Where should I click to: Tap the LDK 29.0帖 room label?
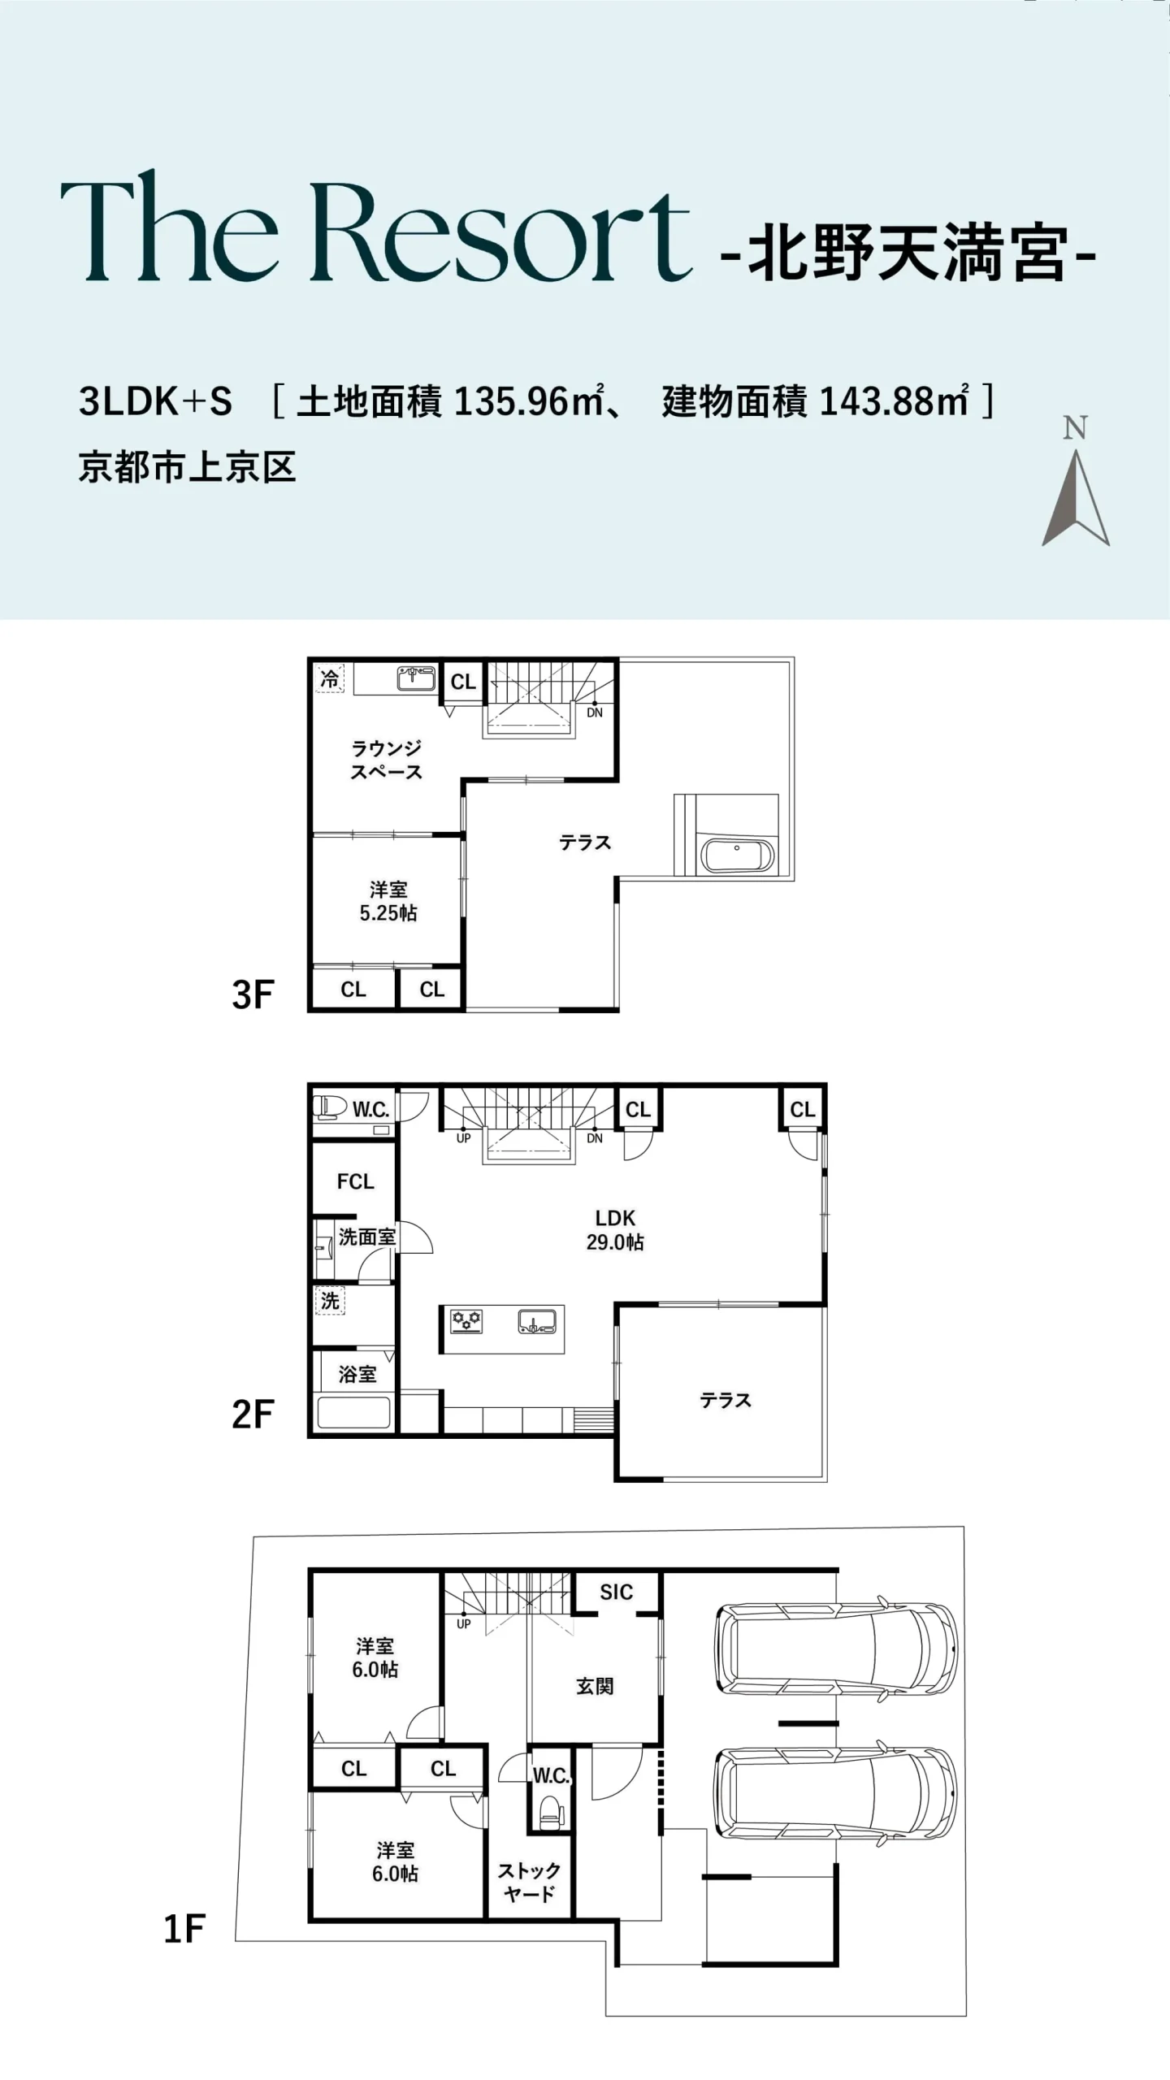point(615,1229)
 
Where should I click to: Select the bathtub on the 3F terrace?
point(737,856)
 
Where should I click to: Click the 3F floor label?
point(253,994)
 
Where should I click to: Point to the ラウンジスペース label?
point(386,760)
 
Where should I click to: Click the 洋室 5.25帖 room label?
point(388,901)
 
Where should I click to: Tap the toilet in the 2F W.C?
point(330,1105)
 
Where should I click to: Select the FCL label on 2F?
point(355,1181)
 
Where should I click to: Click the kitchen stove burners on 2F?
point(466,1320)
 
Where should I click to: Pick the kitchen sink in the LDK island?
point(537,1321)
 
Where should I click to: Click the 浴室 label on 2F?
point(357,1374)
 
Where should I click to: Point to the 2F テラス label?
point(726,1400)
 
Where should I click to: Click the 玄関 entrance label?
point(595,1687)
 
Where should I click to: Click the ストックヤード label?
point(529,1883)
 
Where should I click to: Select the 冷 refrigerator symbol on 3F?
point(330,678)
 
